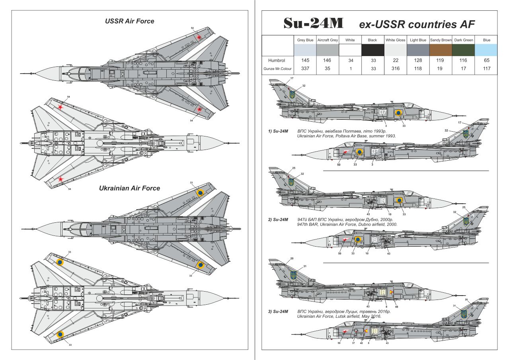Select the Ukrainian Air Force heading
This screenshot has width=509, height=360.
pos(129,188)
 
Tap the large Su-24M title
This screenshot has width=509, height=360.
pos(313,24)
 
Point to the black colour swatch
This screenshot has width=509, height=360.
pos(373,50)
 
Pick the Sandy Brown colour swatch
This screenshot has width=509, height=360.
pos(441,50)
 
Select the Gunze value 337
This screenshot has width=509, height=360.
pos(305,68)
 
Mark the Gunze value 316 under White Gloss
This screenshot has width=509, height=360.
pos(396,68)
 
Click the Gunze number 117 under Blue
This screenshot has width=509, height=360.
pos(486,68)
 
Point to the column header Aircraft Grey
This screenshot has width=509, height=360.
pos(328,40)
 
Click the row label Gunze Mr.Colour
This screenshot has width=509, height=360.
pos(277,68)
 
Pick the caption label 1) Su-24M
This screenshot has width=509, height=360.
pos(278,131)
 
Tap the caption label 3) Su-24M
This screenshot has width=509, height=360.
pos(278,311)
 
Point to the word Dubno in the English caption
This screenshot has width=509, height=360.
pos(357,224)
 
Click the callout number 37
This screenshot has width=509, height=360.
pos(353,343)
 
